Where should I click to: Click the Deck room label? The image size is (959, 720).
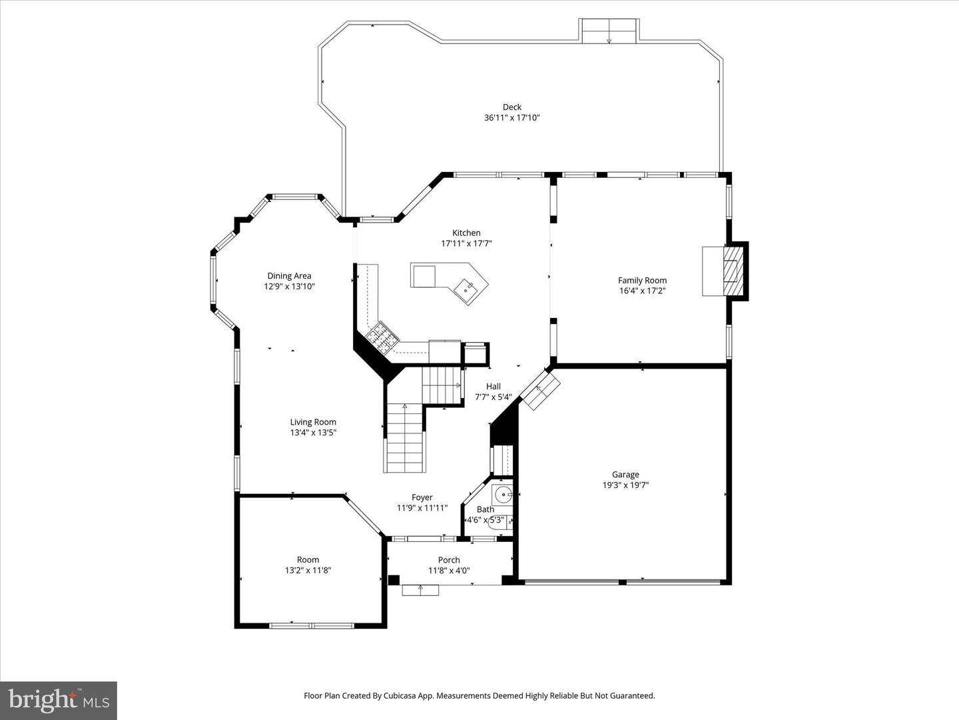coord(511,107)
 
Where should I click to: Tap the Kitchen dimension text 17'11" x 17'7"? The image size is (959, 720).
coord(466,243)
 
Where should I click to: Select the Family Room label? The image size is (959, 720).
coord(642,280)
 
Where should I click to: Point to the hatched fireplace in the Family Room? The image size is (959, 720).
coord(733,271)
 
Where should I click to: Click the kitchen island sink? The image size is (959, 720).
coord(466,289)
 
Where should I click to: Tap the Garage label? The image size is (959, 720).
coord(625,475)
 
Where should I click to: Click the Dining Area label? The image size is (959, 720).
coord(289,275)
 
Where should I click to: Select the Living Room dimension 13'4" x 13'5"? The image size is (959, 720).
coord(313,432)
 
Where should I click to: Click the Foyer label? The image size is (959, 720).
coord(422,497)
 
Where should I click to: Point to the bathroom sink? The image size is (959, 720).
coord(502,495)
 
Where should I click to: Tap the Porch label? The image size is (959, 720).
coord(449,559)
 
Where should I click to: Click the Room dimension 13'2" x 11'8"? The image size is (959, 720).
coord(308,570)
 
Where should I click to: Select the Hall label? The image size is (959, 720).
coord(493,386)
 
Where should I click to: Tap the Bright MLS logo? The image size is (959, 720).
coord(59,700)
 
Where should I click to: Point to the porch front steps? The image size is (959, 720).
coord(420,589)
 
